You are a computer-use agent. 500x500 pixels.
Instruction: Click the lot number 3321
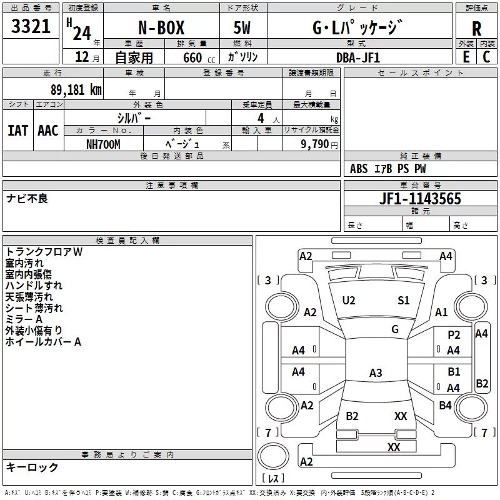point(31,26)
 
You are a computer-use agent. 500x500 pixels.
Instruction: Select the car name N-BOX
point(161,27)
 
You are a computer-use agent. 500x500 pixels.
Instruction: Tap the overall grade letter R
point(476,29)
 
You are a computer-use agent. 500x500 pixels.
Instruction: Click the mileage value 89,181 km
point(76,89)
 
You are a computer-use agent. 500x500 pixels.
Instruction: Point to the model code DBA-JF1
point(358,57)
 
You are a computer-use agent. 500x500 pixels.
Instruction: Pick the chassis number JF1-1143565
point(420,199)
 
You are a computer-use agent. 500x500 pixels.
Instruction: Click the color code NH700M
point(103,144)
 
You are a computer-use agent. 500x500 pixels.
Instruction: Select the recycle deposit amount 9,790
point(314,144)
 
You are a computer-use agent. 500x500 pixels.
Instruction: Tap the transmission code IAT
point(18,131)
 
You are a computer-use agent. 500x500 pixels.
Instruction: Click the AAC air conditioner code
point(48,131)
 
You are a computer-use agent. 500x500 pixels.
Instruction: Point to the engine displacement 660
point(192,57)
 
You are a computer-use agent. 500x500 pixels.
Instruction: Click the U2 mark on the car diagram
point(349,301)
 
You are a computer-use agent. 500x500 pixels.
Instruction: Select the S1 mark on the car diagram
point(403,300)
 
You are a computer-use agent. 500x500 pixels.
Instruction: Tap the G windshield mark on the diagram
point(395,329)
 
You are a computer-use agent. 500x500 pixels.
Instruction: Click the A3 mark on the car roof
point(376,372)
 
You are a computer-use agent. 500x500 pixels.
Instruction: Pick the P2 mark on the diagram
point(454,334)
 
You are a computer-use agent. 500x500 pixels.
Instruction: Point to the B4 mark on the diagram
point(445,405)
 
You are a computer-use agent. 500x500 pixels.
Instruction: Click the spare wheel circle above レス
point(273,456)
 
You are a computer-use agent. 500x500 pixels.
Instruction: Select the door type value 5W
point(242,27)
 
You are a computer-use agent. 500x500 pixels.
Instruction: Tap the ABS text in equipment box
point(359,169)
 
